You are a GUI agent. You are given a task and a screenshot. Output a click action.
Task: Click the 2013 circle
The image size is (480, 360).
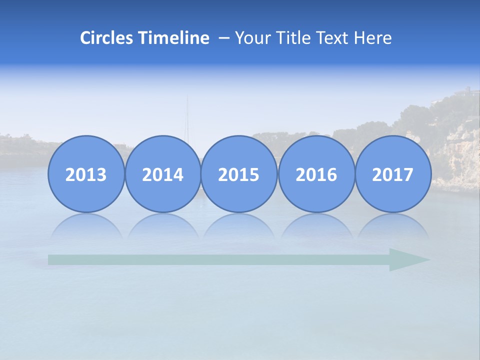pos(86,174)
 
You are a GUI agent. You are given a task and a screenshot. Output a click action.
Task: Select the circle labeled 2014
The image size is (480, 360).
pos(162,174)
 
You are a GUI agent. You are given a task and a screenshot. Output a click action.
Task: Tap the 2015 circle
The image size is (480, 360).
pos(239,174)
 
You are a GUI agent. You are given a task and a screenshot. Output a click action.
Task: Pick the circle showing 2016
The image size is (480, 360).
pos(316,174)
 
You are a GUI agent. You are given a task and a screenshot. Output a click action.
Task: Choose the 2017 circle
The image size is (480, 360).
pos(393,174)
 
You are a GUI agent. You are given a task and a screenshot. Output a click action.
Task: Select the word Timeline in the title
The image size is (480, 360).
pos(174,38)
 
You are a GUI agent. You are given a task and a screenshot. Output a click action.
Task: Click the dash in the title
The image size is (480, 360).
pos(224,38)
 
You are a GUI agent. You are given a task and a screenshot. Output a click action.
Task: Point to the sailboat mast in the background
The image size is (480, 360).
pos(188,117)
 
